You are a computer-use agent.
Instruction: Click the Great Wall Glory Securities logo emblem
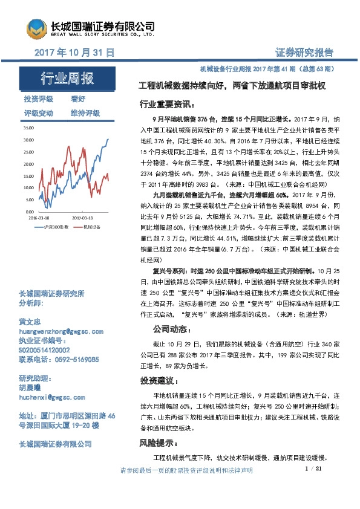[36, 28]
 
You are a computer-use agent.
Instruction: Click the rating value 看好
[77, 99]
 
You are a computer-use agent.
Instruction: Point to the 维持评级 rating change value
[85, 113]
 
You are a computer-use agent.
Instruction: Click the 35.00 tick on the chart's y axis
[29, 129]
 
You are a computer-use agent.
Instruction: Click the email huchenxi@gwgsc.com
[52, 397]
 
